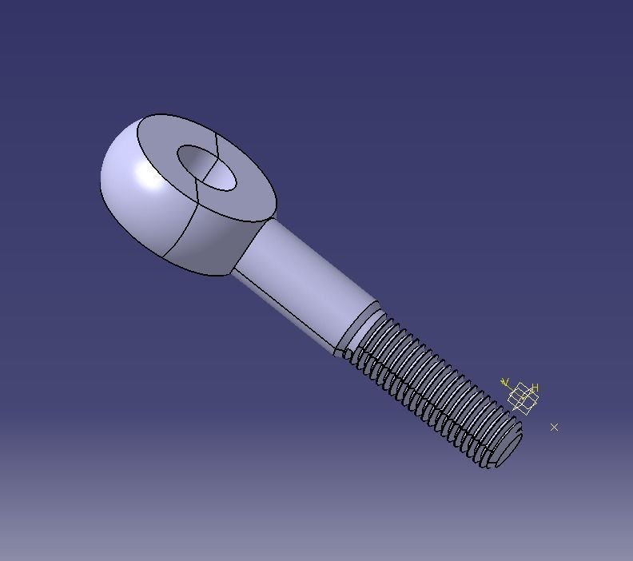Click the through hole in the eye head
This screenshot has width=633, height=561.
click(207, 168)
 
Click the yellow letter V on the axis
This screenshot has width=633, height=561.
click(504, 383)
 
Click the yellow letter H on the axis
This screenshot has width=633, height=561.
click(535, 388)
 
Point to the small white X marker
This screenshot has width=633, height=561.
click(554, 428)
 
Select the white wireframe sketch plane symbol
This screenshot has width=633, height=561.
click(523, 399)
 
